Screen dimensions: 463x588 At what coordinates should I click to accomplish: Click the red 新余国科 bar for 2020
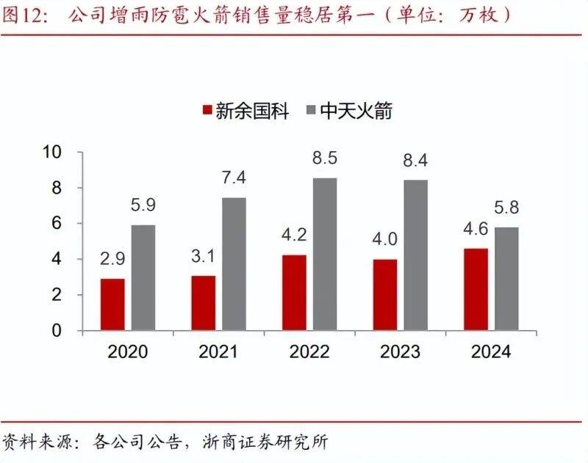(112, 305)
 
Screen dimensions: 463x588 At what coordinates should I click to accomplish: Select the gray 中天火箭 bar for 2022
(324, 254)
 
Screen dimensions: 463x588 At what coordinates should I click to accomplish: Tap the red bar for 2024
(476, 289)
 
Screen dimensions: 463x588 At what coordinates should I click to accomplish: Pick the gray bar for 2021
(234, 264)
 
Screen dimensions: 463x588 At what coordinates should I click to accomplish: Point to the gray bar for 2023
(415, 255)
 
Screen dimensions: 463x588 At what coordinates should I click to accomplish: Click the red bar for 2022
(294, 293)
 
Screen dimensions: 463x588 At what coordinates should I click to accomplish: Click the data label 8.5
(324, 158)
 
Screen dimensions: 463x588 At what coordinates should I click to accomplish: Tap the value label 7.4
(234, 178)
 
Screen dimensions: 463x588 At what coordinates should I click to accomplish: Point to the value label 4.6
(476, 230)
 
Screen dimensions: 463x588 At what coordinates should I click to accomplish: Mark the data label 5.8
(506, 208)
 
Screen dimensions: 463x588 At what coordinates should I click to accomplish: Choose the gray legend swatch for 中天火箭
(309, 112)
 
